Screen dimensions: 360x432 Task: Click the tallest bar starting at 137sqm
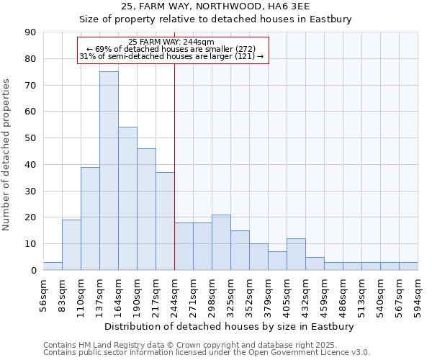[109, 171]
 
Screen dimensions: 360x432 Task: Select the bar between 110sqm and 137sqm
[90, 218]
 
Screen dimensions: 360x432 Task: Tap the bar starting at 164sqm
[127, 198]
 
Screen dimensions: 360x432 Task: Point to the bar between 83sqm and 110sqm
[71, 245]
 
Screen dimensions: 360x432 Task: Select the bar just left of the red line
[165, 221]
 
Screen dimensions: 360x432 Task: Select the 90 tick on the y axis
[30, 32]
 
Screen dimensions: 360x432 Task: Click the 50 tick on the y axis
[30, 138]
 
